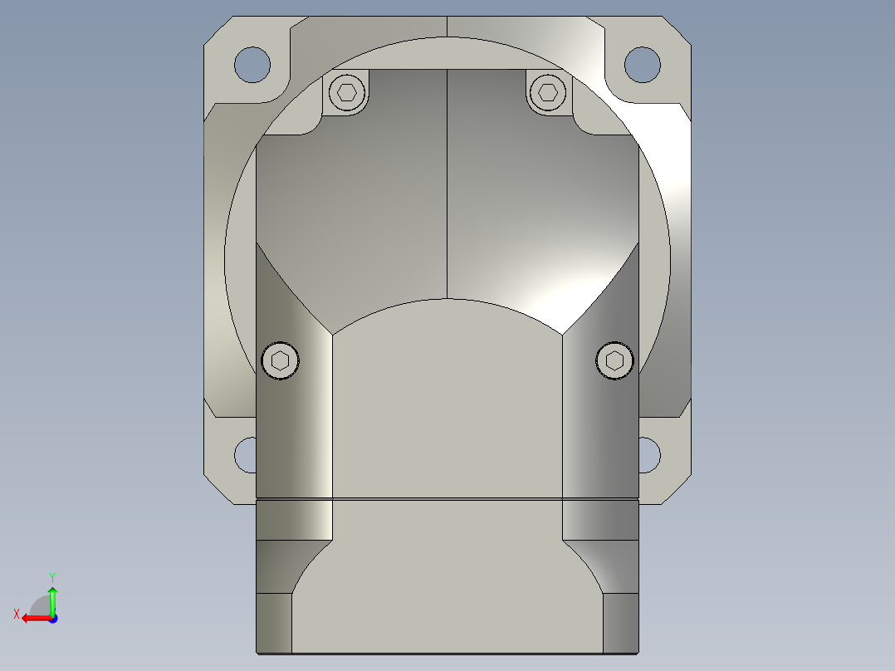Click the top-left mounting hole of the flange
point(252,64)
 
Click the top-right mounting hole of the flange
point(642,64)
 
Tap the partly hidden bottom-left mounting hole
point(245,455)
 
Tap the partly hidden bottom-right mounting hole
point(648,455)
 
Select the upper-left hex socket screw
point(348,91)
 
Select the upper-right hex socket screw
point(547,91)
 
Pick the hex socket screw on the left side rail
point(281,360)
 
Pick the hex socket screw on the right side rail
point(614,360)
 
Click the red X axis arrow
point(33,618)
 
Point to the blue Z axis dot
point(52,618)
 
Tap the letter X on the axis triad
point(16,614)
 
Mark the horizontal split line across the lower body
point(447,499)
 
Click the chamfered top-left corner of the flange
point(216,27)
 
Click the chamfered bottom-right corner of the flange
point(678,490)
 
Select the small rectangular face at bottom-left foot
point(274,623)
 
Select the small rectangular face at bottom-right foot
point(621,623)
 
